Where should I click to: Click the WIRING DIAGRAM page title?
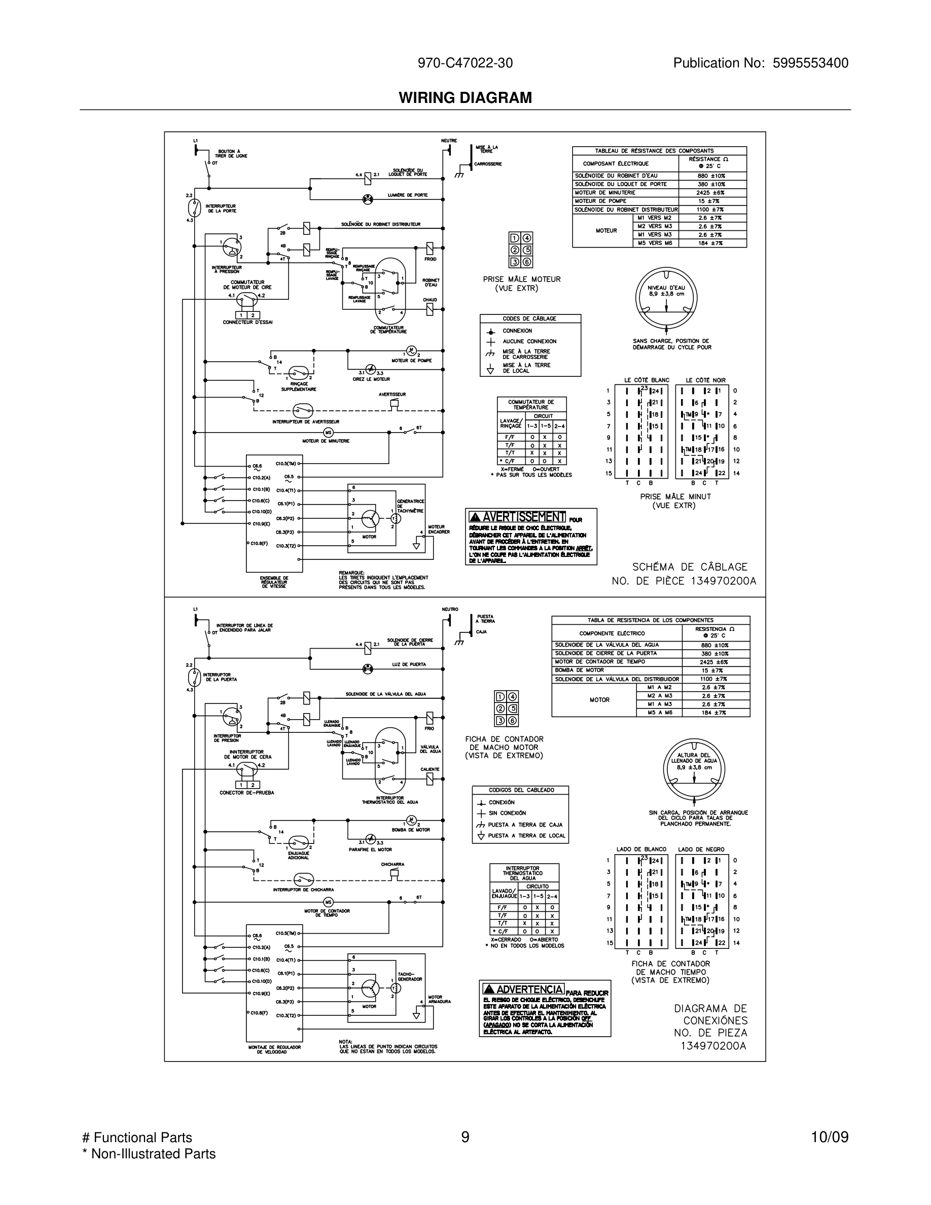click(465, 98)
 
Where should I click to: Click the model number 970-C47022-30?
click(465, 63)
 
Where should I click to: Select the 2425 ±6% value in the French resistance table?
click(710, 193)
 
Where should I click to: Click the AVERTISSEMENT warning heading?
click(517, 517)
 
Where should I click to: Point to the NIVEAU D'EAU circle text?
click(666, 291)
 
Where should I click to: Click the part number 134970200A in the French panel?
click(723, 581)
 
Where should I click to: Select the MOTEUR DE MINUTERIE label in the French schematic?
click(326, 441)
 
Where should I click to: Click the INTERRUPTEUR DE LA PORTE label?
click(222, 208)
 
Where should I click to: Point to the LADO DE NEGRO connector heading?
click(701, 849)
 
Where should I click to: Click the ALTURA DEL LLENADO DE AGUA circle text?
click(694, 761)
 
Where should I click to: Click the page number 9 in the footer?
click(465, 1138)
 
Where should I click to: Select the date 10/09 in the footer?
click(830, 1138)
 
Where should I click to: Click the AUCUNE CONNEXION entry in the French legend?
click(529, 341)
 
